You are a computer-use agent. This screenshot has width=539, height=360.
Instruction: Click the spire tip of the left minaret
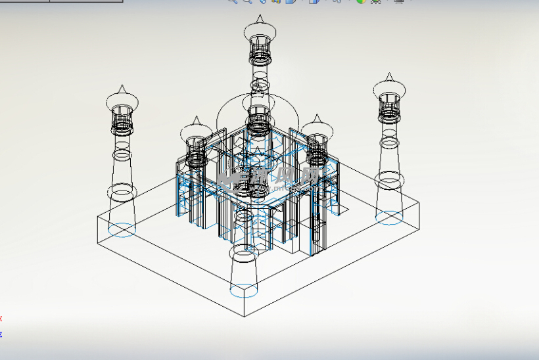[x=122, y=87]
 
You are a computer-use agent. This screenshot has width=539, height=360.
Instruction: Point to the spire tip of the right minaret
[x=389, y=75]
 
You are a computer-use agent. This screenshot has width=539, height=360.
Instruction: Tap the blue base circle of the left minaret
[x=122, y=229]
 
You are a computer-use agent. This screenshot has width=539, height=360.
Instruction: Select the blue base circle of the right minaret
[x=389, y=217]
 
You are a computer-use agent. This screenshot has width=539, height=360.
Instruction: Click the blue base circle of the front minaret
[x=243, y=288]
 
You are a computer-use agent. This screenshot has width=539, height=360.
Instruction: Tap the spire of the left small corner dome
[x=195, y=120]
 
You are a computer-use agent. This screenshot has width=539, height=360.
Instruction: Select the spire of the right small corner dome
[x=317, y=117]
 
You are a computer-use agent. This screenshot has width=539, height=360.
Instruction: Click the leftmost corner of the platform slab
[x=97, y=217]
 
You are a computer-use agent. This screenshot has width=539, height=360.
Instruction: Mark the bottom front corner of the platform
[x=246, y=316]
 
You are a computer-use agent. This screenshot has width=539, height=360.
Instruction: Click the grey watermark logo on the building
[x=269, y=176]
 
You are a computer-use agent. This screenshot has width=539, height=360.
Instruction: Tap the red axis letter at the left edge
[x=1, y=319]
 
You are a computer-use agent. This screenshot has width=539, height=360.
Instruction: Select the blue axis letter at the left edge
[x=1, y=334]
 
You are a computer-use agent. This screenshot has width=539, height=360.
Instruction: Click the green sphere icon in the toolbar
[x=360, y=1]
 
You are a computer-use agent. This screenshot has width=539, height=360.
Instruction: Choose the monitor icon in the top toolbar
[x=398, y=1]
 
